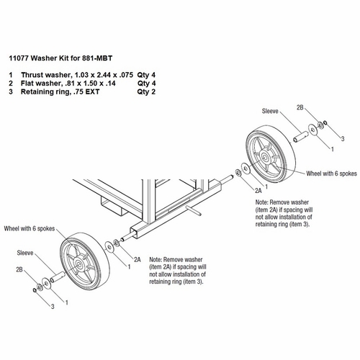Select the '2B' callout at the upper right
pyautogui.click(x=300, y=107)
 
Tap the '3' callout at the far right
pyautogui.click(x=342, y=137)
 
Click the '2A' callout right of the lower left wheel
pyautogui.click(x=137, y=258)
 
